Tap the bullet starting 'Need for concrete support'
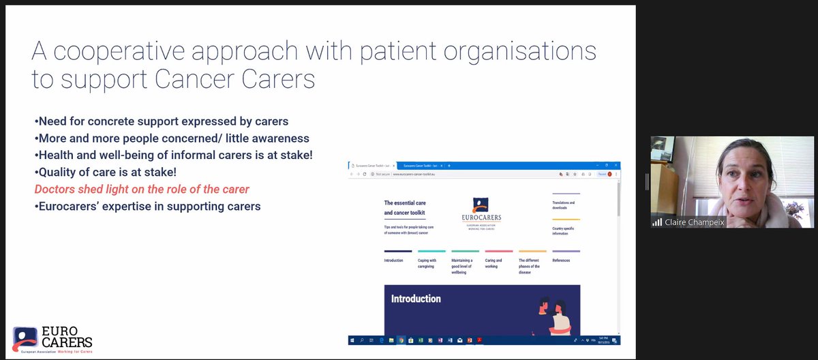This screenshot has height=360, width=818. [x=162, y=122]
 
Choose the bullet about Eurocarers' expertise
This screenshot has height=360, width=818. [x=147, y=205]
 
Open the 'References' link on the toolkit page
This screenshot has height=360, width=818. [x=561, y=260]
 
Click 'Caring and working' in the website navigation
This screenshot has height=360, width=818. [x=494, y=264]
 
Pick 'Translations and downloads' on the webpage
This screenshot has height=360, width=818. [x=564, y=205]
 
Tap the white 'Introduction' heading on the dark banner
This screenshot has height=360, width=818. [x=416, y=299]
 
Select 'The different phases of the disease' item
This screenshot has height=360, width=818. [x=530, y=267]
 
